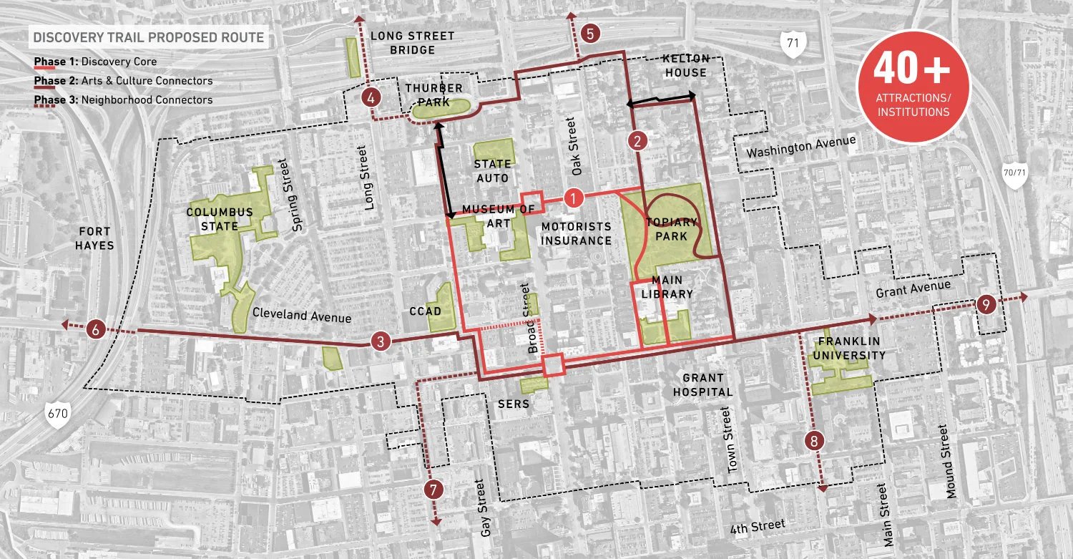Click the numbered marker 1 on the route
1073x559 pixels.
(x=574, y=197)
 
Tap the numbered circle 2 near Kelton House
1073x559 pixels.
(x=637, y=141)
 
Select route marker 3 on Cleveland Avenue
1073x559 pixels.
(x=381, y=342)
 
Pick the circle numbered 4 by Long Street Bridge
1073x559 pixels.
(x=371, y=97)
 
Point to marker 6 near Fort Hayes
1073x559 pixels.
(x=96, y=330)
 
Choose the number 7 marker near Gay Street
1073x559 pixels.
(x=433, y=490)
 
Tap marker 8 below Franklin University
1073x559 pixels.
(x=813, y=441)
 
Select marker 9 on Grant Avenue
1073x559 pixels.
(x=986, y=304)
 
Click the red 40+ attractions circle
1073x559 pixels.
(x=913, y=86)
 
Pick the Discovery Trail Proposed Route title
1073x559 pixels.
(x=148, y=37)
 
